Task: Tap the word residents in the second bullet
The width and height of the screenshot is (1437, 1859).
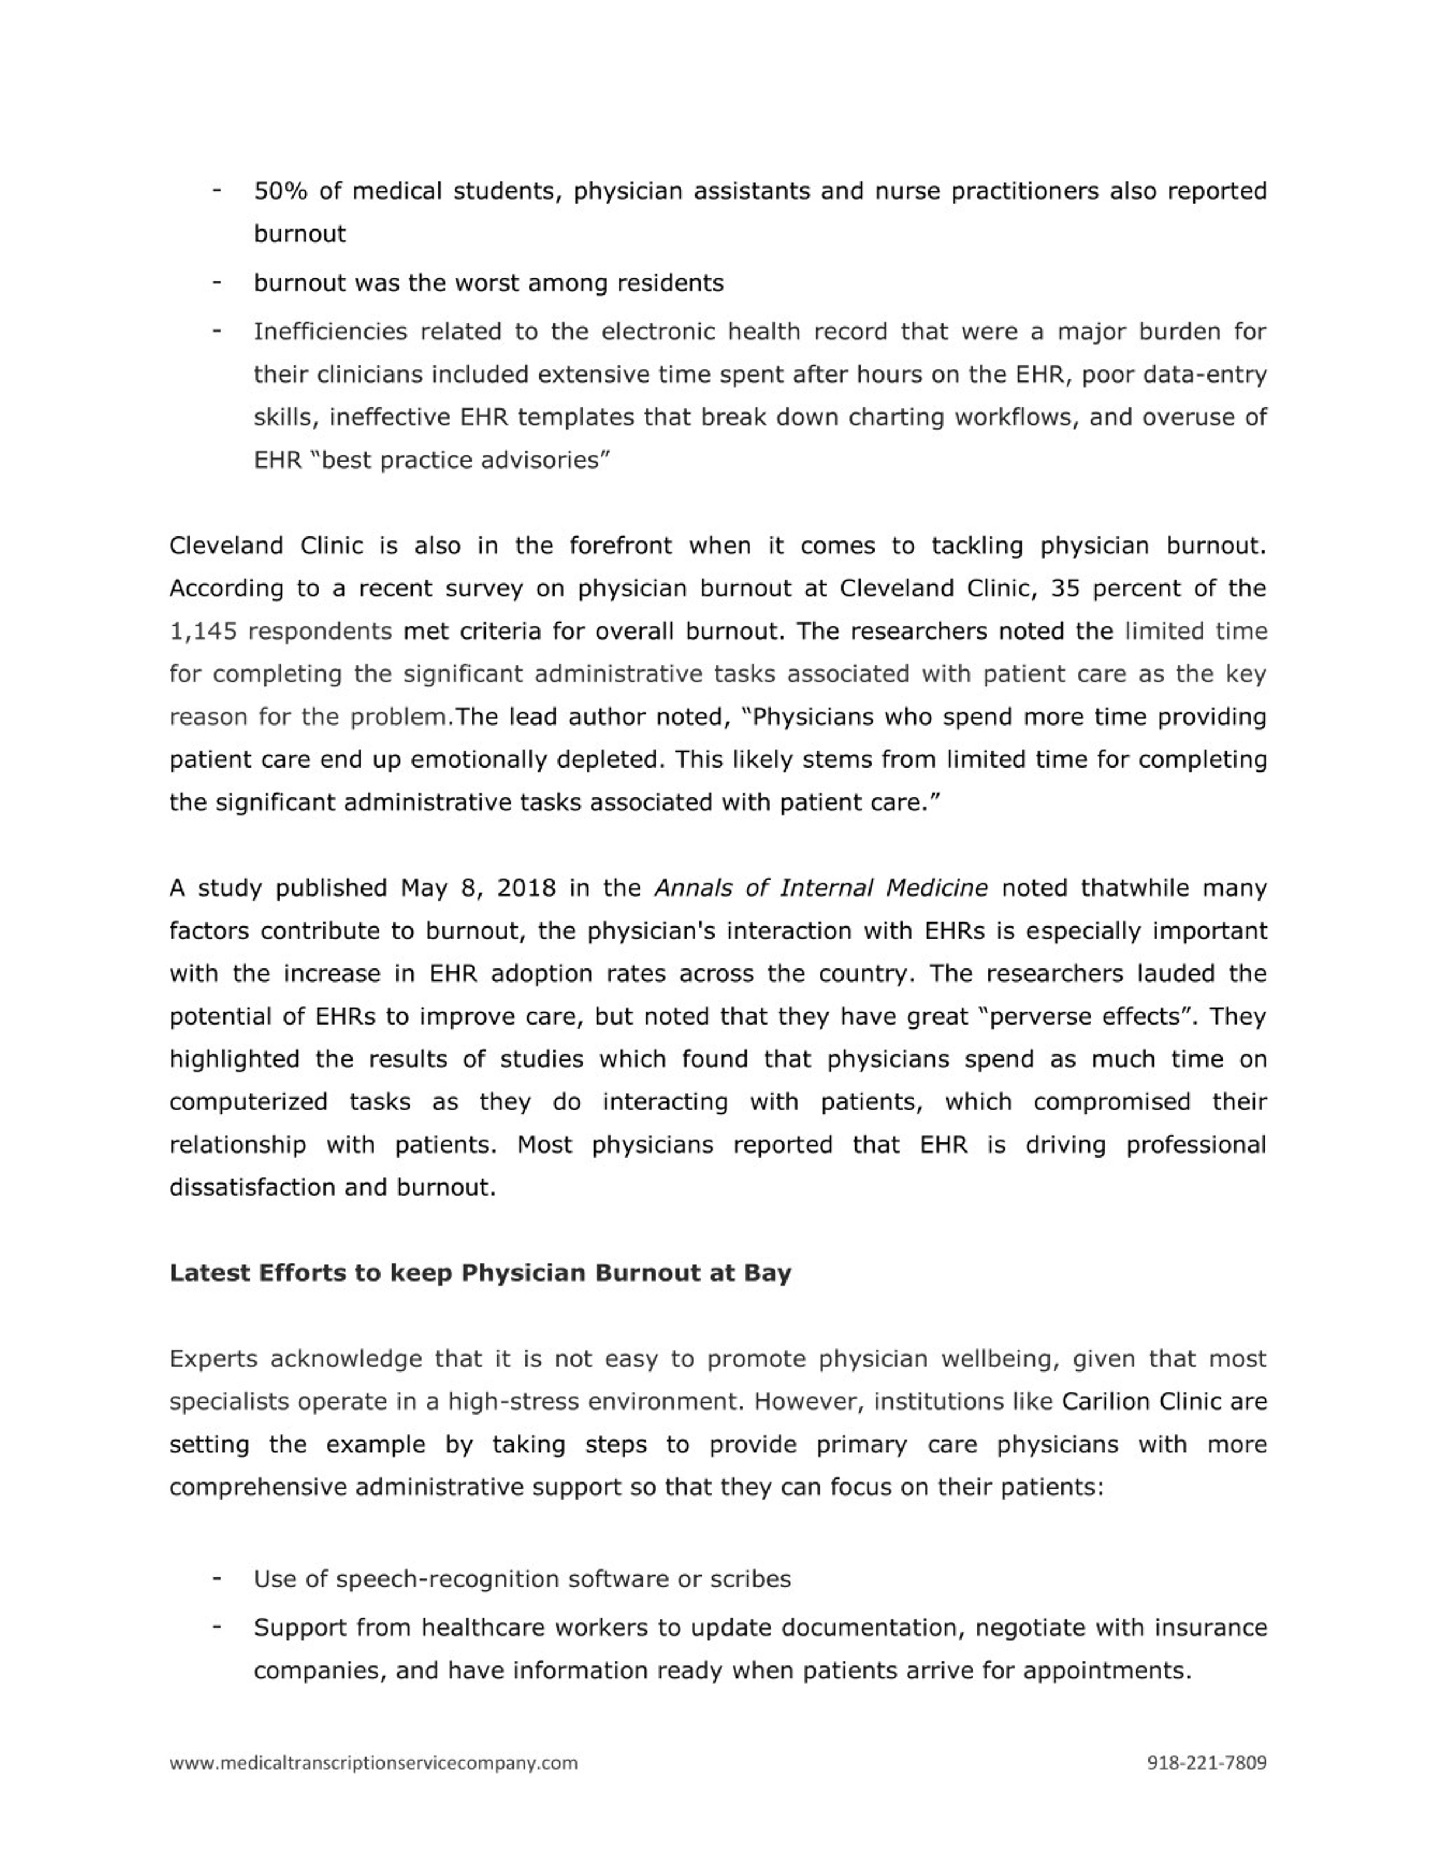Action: point(669,283)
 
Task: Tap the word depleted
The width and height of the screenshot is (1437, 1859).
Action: point(608,759)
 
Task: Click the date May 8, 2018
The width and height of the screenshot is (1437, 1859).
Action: point(478,888)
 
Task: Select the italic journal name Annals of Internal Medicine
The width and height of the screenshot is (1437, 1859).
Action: point(821,888)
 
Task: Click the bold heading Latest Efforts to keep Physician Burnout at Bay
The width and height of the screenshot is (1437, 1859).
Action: point(480,1273)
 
